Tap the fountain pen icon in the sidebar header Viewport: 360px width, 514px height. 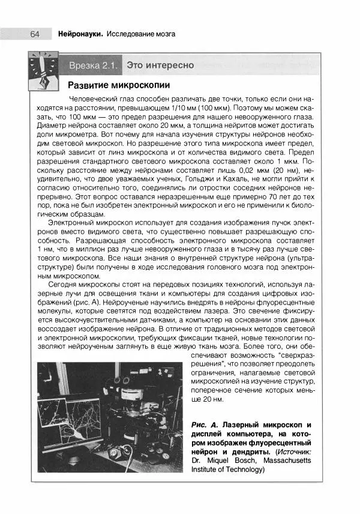pos(43,71)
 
